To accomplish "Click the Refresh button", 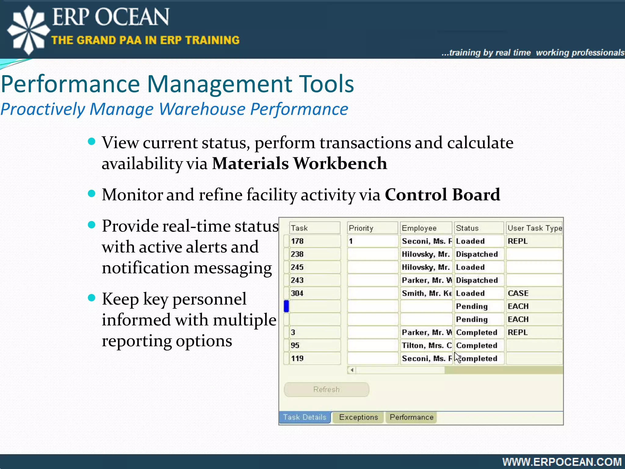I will (x=326, y=389).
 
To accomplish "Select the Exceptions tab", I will (x=358, y=417).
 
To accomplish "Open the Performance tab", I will (x=411, y=417).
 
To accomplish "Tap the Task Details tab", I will (x=305, y=417).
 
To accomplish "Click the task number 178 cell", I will (x=314, y=241).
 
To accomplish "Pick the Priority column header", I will (x=372, y=228).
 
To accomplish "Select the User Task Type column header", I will (x=534, y=228).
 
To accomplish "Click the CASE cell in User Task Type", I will (x=534, y=293).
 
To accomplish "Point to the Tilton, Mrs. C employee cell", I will (x=426, y=345).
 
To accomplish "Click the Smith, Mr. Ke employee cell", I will (x=426, y=293).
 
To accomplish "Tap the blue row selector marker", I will (x=286, y=306).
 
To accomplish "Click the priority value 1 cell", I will (x=372, y=241).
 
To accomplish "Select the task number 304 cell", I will (x=314, y=293).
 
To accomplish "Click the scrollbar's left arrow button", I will (x=352, y=370).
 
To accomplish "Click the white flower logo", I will (x=28, y=30).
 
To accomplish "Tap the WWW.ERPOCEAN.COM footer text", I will (x=562, y=462).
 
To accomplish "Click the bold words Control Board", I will (x=442, y=195).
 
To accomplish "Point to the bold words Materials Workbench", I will (x=299, y=163).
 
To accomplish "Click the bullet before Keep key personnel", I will (x=91, y=298).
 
